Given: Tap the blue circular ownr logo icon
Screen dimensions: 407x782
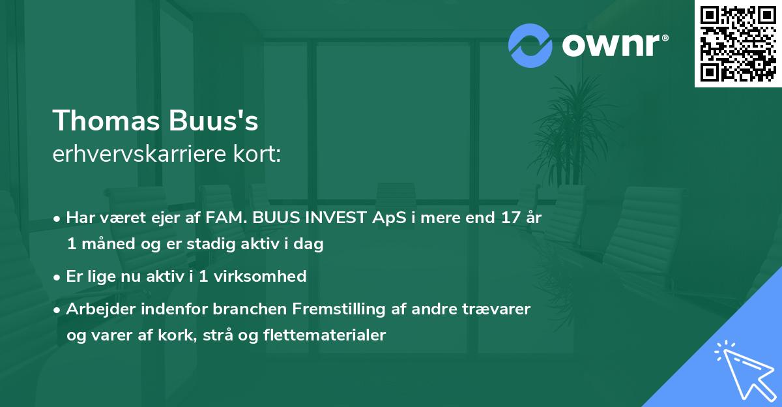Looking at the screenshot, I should (530, 46).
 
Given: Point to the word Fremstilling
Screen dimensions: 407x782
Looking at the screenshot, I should (336, 309).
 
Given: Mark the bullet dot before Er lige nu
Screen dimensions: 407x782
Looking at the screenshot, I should (58, 277).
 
